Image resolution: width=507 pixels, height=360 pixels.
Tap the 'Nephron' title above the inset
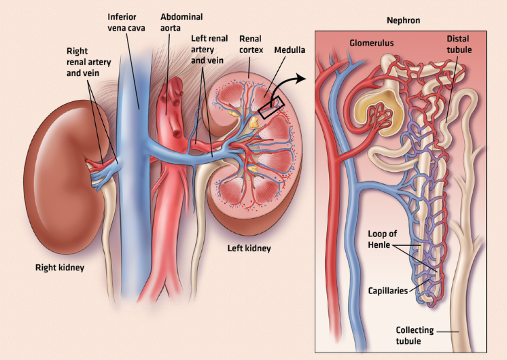click(x=401, y=21)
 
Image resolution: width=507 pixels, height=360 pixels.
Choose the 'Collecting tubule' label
click(x=414, y=335)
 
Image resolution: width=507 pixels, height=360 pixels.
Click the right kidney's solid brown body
click(x=58, y=170)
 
